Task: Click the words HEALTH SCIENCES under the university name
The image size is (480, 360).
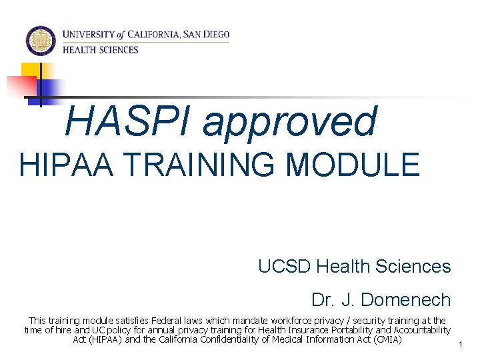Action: (x=101, y=49)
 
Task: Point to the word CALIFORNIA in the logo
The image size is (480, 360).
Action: (x=155, y=34)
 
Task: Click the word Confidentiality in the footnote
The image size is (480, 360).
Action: (x=214, y=339)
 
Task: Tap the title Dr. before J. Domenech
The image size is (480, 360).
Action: (x=323, y=300)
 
